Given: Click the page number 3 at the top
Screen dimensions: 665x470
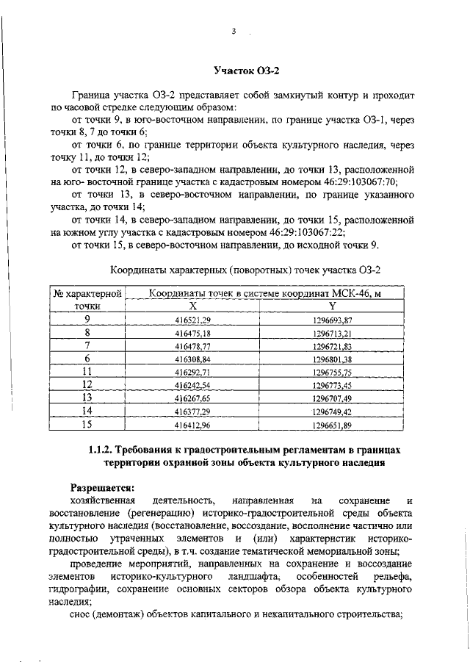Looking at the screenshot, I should [233, 32].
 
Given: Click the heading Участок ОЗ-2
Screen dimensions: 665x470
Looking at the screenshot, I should [246, 71].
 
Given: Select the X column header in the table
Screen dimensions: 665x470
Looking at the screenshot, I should [192, 306].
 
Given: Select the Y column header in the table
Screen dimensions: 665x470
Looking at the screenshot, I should [332, 306].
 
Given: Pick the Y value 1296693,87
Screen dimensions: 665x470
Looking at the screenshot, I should [332, 320].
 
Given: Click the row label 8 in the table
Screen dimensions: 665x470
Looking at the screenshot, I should [87, 332].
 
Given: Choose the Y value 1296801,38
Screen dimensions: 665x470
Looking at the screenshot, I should [332, 359].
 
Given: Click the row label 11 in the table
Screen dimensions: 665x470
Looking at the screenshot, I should [87, 372].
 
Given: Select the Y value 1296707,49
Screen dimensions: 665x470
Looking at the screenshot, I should [332, 398].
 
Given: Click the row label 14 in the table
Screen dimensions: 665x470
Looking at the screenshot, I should [87, 411].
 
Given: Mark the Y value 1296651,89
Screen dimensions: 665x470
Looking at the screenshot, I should [332, 424].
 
